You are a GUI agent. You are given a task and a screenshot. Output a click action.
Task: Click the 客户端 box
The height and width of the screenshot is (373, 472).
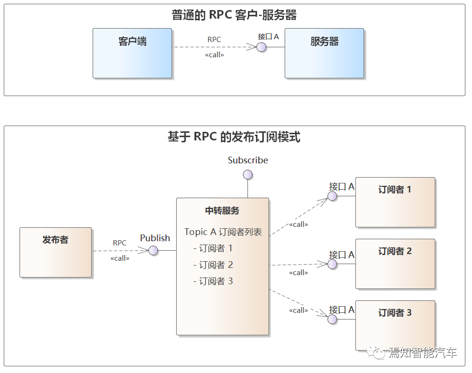point(132,53)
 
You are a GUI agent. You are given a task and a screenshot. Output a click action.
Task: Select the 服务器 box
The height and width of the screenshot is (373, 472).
point(324,53)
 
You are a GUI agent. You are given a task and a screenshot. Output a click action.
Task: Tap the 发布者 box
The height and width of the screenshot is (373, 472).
point(55,252)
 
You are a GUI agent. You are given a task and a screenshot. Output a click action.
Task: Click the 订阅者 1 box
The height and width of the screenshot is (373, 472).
point(395,202)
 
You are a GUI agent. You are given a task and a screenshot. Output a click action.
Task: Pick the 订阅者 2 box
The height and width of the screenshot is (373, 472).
point(395,264)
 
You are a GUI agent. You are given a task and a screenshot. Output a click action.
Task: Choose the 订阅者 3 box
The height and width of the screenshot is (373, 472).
point(395,325)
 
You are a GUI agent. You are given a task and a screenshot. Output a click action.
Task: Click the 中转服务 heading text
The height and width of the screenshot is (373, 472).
point(222,211)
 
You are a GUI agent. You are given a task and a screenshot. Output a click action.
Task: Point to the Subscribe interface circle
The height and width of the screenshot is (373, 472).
point(247,174)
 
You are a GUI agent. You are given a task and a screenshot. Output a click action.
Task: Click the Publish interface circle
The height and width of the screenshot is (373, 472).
point(153,250)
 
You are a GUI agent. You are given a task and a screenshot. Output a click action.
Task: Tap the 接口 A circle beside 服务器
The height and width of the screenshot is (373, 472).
point(261,47)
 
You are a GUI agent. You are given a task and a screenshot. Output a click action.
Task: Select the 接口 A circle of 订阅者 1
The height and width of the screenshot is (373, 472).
point(333,196)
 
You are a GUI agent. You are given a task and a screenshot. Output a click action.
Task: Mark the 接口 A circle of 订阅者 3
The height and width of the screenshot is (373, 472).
point(333,319)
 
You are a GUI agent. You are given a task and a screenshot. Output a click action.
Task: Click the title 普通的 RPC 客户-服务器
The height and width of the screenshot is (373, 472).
point(234,15)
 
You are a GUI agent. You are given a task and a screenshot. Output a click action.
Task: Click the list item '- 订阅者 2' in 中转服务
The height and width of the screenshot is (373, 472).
point(213,265)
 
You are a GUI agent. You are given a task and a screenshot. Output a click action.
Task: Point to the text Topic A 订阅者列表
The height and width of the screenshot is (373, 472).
point(223,232)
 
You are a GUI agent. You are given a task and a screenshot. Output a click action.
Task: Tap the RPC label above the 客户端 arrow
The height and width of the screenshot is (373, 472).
point(214,40)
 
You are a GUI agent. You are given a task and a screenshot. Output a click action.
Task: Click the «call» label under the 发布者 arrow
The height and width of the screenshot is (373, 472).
point(119,258)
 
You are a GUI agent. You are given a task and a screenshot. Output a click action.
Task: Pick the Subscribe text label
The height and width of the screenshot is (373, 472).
point(247,160)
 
